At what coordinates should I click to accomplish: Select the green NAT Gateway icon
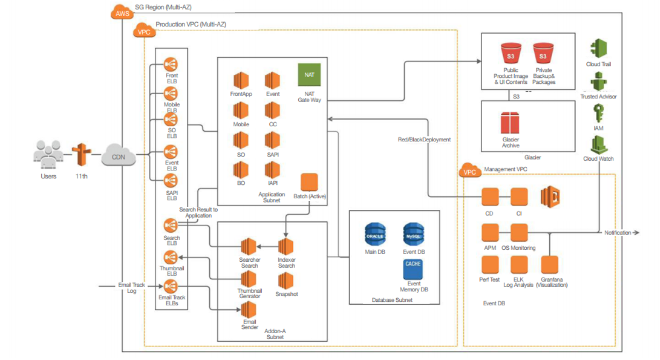pyautogui.click(x=309, y=75)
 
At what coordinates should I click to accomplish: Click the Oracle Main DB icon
pyautogui.click(x=375, y=235)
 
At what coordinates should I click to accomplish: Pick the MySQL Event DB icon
pyautogui.click(x=414, y=235)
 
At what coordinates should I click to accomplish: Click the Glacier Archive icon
pyautogui.click(x=510, y=123)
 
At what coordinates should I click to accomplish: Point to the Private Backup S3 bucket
pyautogui.click(x=543, y=55)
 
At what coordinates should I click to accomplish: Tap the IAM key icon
pyautogui.click(x=598, y=114)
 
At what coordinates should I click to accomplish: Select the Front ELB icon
pyautogui.click(x=171, y=66)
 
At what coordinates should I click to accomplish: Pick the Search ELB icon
pyautogui.click(x=171, y=225)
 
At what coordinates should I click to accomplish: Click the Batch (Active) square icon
pyautogui.click(x=309, y=182)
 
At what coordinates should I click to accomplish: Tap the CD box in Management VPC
pyautogui.click(x=490, y=197)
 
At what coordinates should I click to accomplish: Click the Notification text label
pyautogui.click(x=617, y=233)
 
